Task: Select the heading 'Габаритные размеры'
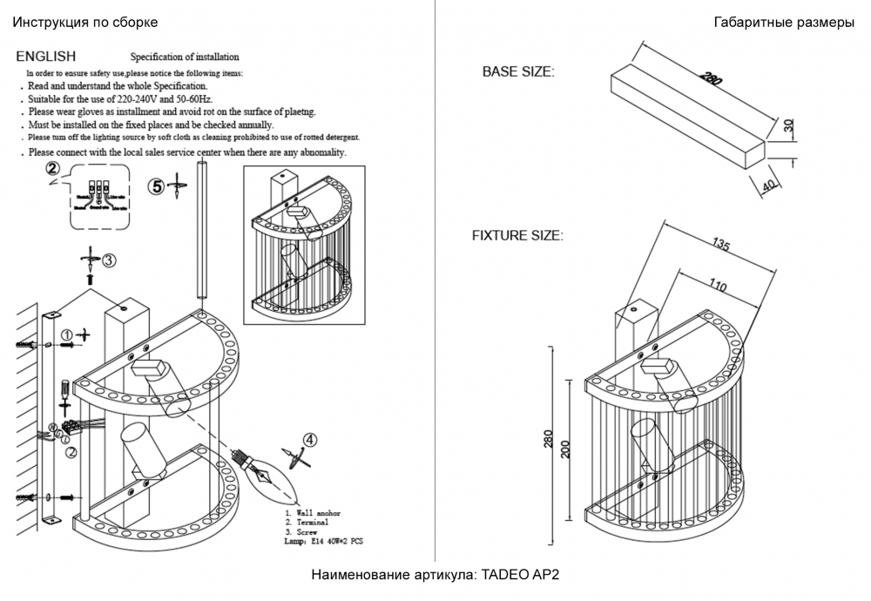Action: (783, 24)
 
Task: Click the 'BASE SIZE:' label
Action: (517, 72)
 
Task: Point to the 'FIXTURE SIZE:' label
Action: (517, 235)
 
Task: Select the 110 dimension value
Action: (717, 283)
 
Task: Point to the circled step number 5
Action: (156, 186)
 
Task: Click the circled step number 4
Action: (311, 441)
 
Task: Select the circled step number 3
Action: (109, 260)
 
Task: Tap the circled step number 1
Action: (67, 334)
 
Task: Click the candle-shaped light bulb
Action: (266, 475)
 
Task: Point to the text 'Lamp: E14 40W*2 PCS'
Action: (324, 541)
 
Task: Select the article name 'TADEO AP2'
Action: (518, 576)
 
